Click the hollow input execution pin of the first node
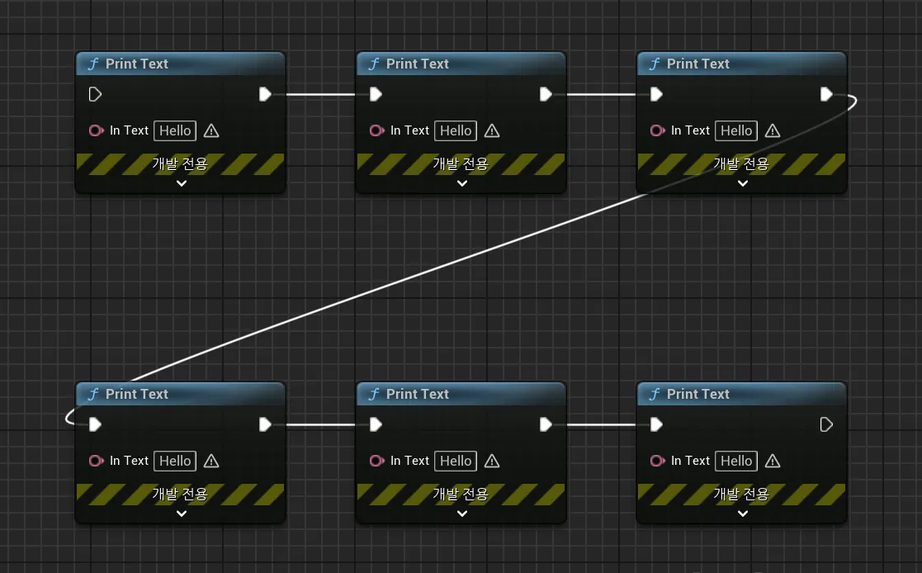point(95,94)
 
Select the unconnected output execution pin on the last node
point(826,424)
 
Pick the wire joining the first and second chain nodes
point(320,94)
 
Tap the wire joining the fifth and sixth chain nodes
point(601,424)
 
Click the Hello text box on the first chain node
point(175,130)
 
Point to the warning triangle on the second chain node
point(492,130)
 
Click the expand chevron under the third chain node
point(743,183)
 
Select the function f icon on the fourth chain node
point(93,394)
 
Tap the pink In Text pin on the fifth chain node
point(377,461)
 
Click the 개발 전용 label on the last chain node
point(741,494)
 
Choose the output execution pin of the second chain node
point(546,94)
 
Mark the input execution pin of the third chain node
point(656,94)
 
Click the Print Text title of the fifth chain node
point(417,394)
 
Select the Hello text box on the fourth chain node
point(175,461)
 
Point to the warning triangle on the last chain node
point(773,461)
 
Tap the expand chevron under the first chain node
point(182,183)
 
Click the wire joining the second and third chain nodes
point(601,94)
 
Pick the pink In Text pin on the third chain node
point(658,130)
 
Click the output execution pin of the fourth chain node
point(265,424)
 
